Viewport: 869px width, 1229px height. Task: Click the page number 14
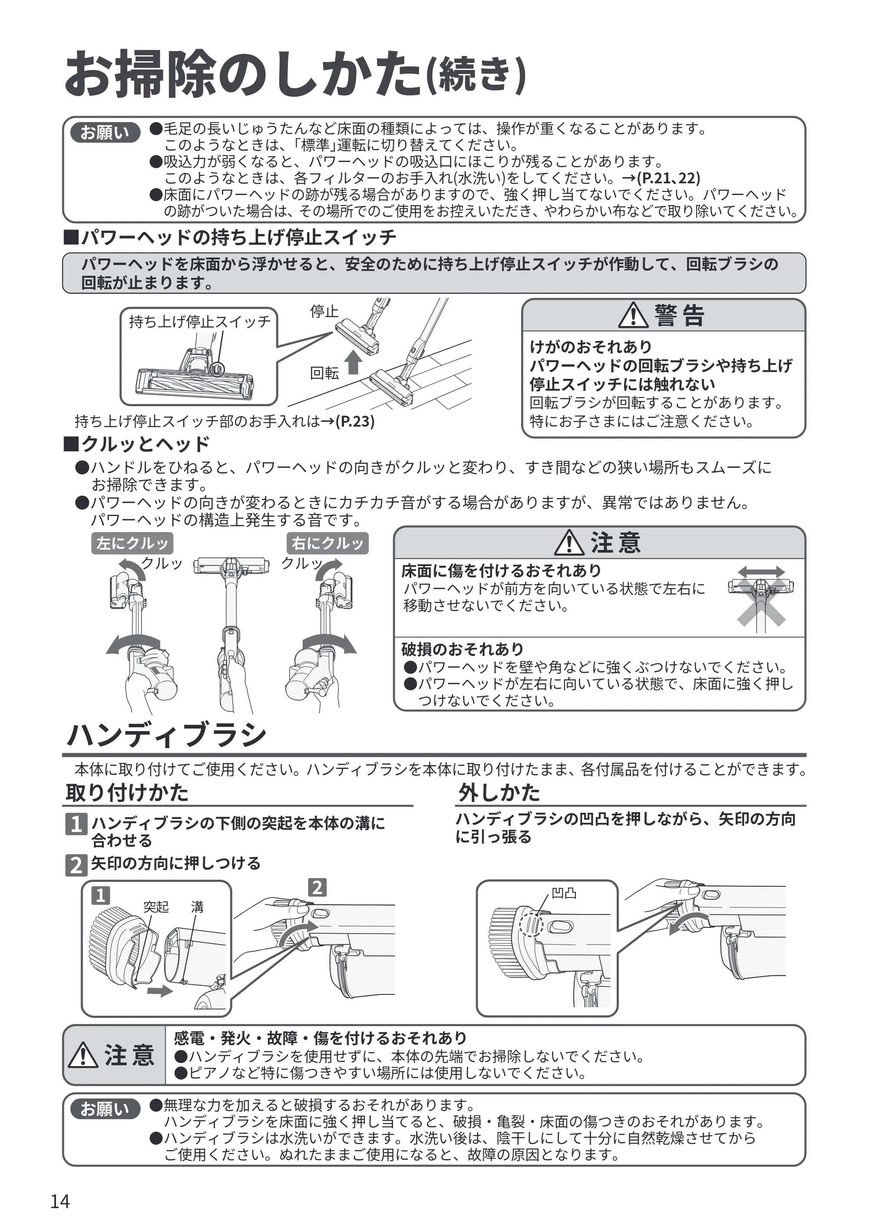point(60,1201)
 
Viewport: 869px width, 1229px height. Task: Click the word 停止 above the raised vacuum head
point(324,311)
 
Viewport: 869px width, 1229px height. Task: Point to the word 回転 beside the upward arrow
point(324,373)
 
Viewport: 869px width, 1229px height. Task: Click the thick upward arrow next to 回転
point(353,362)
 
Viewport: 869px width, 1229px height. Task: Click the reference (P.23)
point(355,421)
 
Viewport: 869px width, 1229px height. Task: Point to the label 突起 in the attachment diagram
point(156,906)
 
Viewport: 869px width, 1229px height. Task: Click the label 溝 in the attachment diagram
point(198,906)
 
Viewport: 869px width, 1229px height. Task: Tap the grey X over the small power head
point(761,602)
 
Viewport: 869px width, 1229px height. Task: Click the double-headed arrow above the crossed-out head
point(761,572)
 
